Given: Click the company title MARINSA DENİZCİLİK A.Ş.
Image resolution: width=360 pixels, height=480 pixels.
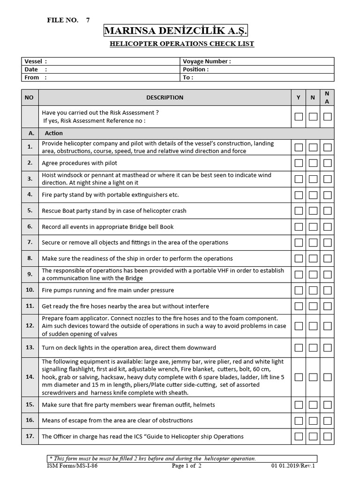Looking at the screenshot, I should click(175, 31).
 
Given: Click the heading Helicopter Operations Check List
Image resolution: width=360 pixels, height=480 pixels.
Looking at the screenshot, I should click(182, 44).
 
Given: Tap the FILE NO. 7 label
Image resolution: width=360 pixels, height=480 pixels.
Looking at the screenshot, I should click(68, 20).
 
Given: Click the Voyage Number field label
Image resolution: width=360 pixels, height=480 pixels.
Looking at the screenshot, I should click(207, 61).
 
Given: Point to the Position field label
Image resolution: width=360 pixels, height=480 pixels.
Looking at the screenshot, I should click(196, 69).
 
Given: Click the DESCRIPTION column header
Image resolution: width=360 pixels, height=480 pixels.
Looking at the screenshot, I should click(165, 97).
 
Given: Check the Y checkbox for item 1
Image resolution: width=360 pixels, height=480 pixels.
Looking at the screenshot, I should click(298, 147).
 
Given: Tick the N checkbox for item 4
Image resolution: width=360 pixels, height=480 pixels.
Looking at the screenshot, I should click(313, 195).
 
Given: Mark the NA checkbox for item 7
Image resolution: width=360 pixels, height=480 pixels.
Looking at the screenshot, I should click(328, 243).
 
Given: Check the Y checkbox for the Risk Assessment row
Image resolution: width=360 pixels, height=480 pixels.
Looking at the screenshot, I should click(298, 117).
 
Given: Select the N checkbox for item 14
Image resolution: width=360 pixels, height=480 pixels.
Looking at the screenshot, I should click(313, 377).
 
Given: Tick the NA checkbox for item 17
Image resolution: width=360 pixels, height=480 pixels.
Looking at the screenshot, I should click(328, 437).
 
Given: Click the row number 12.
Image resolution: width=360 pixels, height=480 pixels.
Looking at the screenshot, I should click(30, 325).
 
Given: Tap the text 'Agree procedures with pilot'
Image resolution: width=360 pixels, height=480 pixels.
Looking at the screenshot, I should click(80, 163).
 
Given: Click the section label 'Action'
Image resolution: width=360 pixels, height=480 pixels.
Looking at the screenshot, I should click(53, 133).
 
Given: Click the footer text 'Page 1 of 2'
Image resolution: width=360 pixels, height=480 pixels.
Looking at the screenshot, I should click(187, 466).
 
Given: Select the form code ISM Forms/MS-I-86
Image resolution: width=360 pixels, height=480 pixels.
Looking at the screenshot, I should click(73, 466).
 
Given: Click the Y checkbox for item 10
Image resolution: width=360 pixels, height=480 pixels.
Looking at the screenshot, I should click(298, 291).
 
